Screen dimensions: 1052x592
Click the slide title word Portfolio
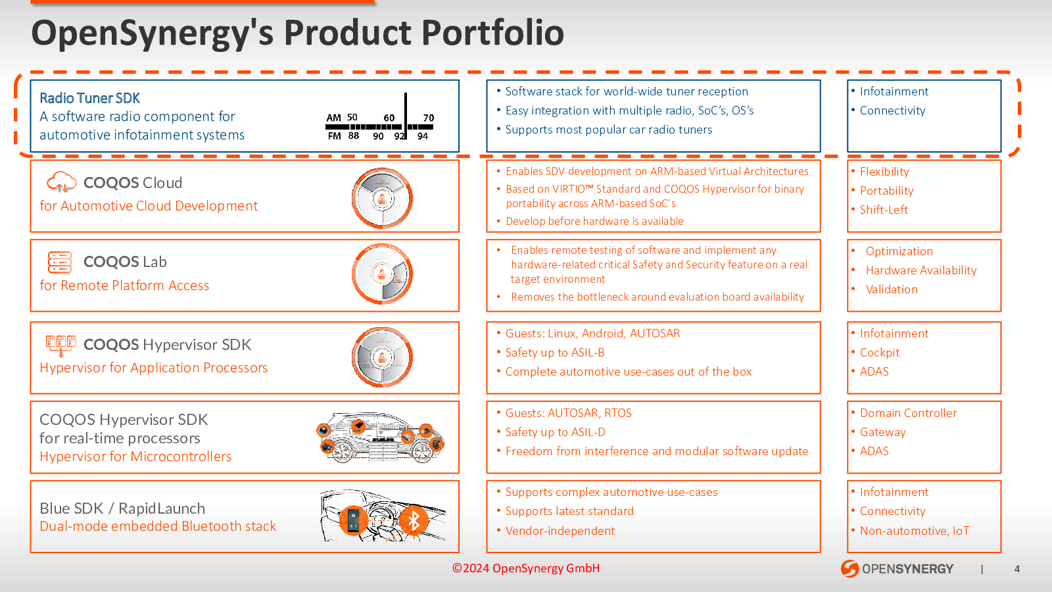492,33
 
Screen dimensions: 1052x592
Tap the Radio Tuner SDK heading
89,98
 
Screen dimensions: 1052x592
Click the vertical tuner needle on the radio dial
406,116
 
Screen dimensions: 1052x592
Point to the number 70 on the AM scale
428,118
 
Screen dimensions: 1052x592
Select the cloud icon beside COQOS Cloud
62,182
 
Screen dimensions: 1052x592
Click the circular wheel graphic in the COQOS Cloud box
382,198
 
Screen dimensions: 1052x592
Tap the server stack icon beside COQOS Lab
60,262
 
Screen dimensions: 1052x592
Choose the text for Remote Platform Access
124,285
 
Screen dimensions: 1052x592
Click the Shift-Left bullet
884,210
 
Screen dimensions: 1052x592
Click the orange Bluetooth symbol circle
414,520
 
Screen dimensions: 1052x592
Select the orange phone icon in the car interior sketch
354,520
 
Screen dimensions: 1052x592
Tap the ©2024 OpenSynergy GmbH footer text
525,568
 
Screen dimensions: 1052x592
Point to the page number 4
1016,569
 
